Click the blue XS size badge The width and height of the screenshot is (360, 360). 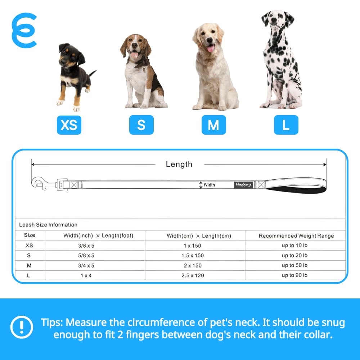[69, 125]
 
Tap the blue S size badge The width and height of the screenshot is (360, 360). [141, 125]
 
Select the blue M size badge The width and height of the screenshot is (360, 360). [214, 125]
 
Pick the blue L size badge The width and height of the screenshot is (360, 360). [286, 125]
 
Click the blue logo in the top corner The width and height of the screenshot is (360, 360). [24, 31]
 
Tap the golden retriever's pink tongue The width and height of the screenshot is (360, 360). [211, 49]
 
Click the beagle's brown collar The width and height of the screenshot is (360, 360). [140, 62]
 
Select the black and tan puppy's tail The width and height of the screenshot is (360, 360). [93, 73]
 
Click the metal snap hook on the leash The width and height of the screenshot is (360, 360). [44, 184]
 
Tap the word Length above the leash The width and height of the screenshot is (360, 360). [179, 165]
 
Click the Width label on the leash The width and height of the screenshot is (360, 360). [209, 185]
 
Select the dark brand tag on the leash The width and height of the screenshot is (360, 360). [243, 185]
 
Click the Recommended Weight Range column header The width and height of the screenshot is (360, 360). [296, 236]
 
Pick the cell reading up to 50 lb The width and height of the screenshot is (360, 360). [294, 265]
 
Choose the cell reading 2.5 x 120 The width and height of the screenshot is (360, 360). [193, 275]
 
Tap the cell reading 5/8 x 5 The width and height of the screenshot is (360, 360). [86, 256]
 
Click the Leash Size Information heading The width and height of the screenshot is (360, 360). [48, 225]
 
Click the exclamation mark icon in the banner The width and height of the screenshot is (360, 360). [22, 327]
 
